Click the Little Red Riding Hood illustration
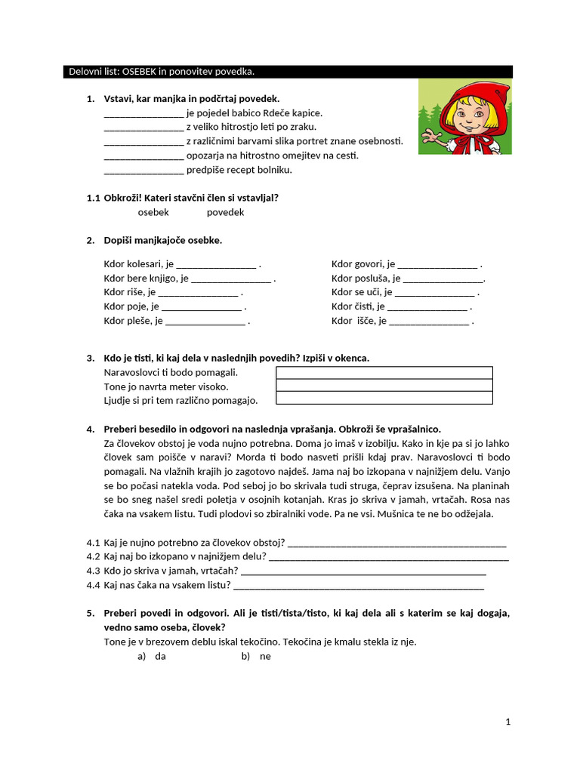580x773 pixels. [464, 117]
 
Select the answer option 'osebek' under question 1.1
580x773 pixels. [153, 212]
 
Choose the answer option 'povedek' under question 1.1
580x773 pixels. [225, 212]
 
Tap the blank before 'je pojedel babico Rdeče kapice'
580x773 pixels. [143, 113]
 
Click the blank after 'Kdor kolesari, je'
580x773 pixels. [217, 264]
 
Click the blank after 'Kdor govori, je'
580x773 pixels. [437, 264]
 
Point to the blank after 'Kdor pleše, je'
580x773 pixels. [205, 321]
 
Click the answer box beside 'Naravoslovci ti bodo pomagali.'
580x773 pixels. [384, 372]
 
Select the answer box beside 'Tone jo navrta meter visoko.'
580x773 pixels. [384, 385]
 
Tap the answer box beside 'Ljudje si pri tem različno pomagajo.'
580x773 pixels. [384, 398]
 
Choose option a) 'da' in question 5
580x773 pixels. [160, 656]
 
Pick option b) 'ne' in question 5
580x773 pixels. [264, 656]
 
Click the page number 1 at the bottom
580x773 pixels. [508, 722]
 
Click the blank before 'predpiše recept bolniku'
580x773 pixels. [143, 170]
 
